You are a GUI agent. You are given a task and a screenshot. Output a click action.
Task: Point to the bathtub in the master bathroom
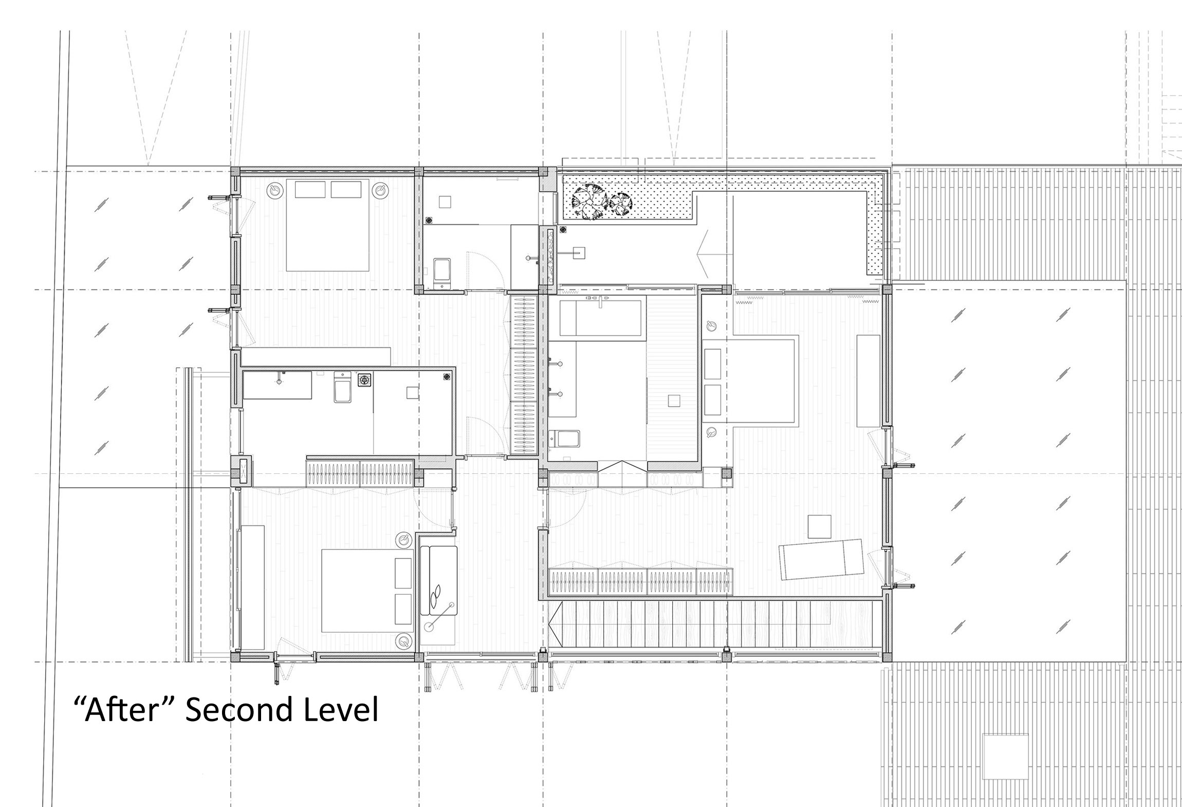point(600,318)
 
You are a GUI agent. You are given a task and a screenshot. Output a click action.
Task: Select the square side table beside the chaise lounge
point(819,527)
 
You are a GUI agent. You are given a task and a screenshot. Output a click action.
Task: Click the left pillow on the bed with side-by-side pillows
point(310,189)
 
